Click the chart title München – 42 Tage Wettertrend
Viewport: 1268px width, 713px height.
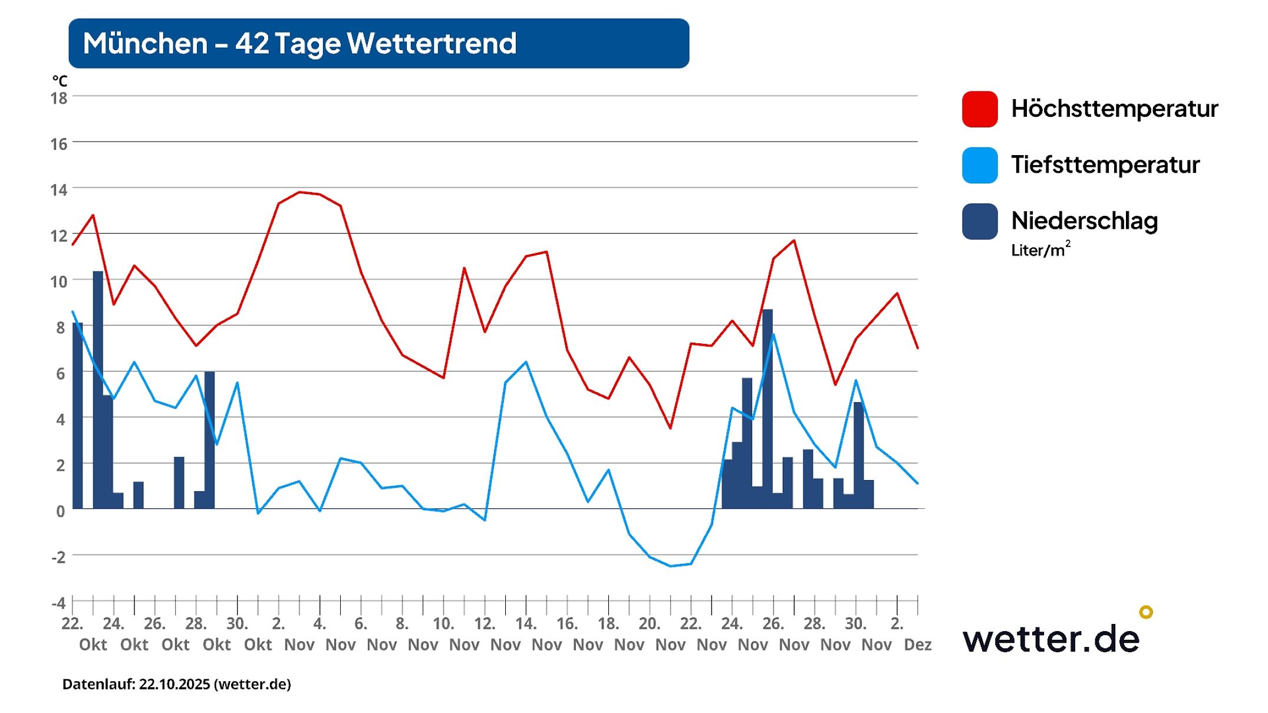click(x=299, y=44)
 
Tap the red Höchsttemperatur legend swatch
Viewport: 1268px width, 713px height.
click(x=979, y=109)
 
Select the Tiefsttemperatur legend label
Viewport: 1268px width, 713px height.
click(x=1105, y=165)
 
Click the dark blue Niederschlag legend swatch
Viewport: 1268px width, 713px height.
click(x=979, y=221)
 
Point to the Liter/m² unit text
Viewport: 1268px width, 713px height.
click(x=1040, y=249)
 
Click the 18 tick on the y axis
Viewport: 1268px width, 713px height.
click(x=59, y=98)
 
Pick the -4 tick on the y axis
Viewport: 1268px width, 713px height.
click(x=58, y=603)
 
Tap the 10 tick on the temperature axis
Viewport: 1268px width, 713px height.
click(x=59, y=282)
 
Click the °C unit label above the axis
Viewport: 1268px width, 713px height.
click(x=60, y=81)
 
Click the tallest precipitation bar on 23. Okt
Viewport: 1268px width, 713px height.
click(x=98, y=389)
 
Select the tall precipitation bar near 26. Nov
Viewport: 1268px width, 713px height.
click(x=767, y=407)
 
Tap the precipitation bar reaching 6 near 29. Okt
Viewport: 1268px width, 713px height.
click(x=209, y=439)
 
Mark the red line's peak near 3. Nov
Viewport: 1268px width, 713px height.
click(x=299, y=192)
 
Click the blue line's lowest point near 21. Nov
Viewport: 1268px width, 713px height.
click(x=670, y=566)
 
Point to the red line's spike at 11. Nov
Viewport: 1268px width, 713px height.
click(x=464, y=268)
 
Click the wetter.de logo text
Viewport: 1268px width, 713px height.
click(x=1050, y=639)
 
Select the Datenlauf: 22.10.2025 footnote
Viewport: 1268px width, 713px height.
click(x=176, y=684)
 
